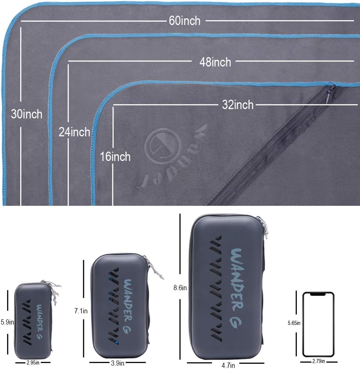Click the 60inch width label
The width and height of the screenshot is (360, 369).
coord(184,21)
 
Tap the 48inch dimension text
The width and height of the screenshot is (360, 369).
coord(215,62)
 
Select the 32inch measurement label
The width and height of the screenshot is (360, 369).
coord(238,105)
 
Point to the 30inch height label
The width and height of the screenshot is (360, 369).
coord(27,114)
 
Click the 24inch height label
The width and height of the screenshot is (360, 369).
coord(74,132)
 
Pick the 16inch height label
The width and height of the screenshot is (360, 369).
coord(115,156)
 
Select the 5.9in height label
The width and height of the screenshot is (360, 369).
coord(7,322)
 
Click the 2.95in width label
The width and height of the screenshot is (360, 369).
coord(33,363)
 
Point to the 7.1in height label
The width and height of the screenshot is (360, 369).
coord(81,311)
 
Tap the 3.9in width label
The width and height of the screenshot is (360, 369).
coord(118,363)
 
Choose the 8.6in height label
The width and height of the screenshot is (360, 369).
coord(180,288)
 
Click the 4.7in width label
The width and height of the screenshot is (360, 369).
coord(228,365)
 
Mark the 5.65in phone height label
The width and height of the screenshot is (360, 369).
coord(294,323)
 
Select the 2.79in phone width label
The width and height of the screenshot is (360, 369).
coord(319,361)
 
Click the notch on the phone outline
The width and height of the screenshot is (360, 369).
coord(318,294)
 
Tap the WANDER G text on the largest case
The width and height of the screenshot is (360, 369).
coord(237,288)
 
